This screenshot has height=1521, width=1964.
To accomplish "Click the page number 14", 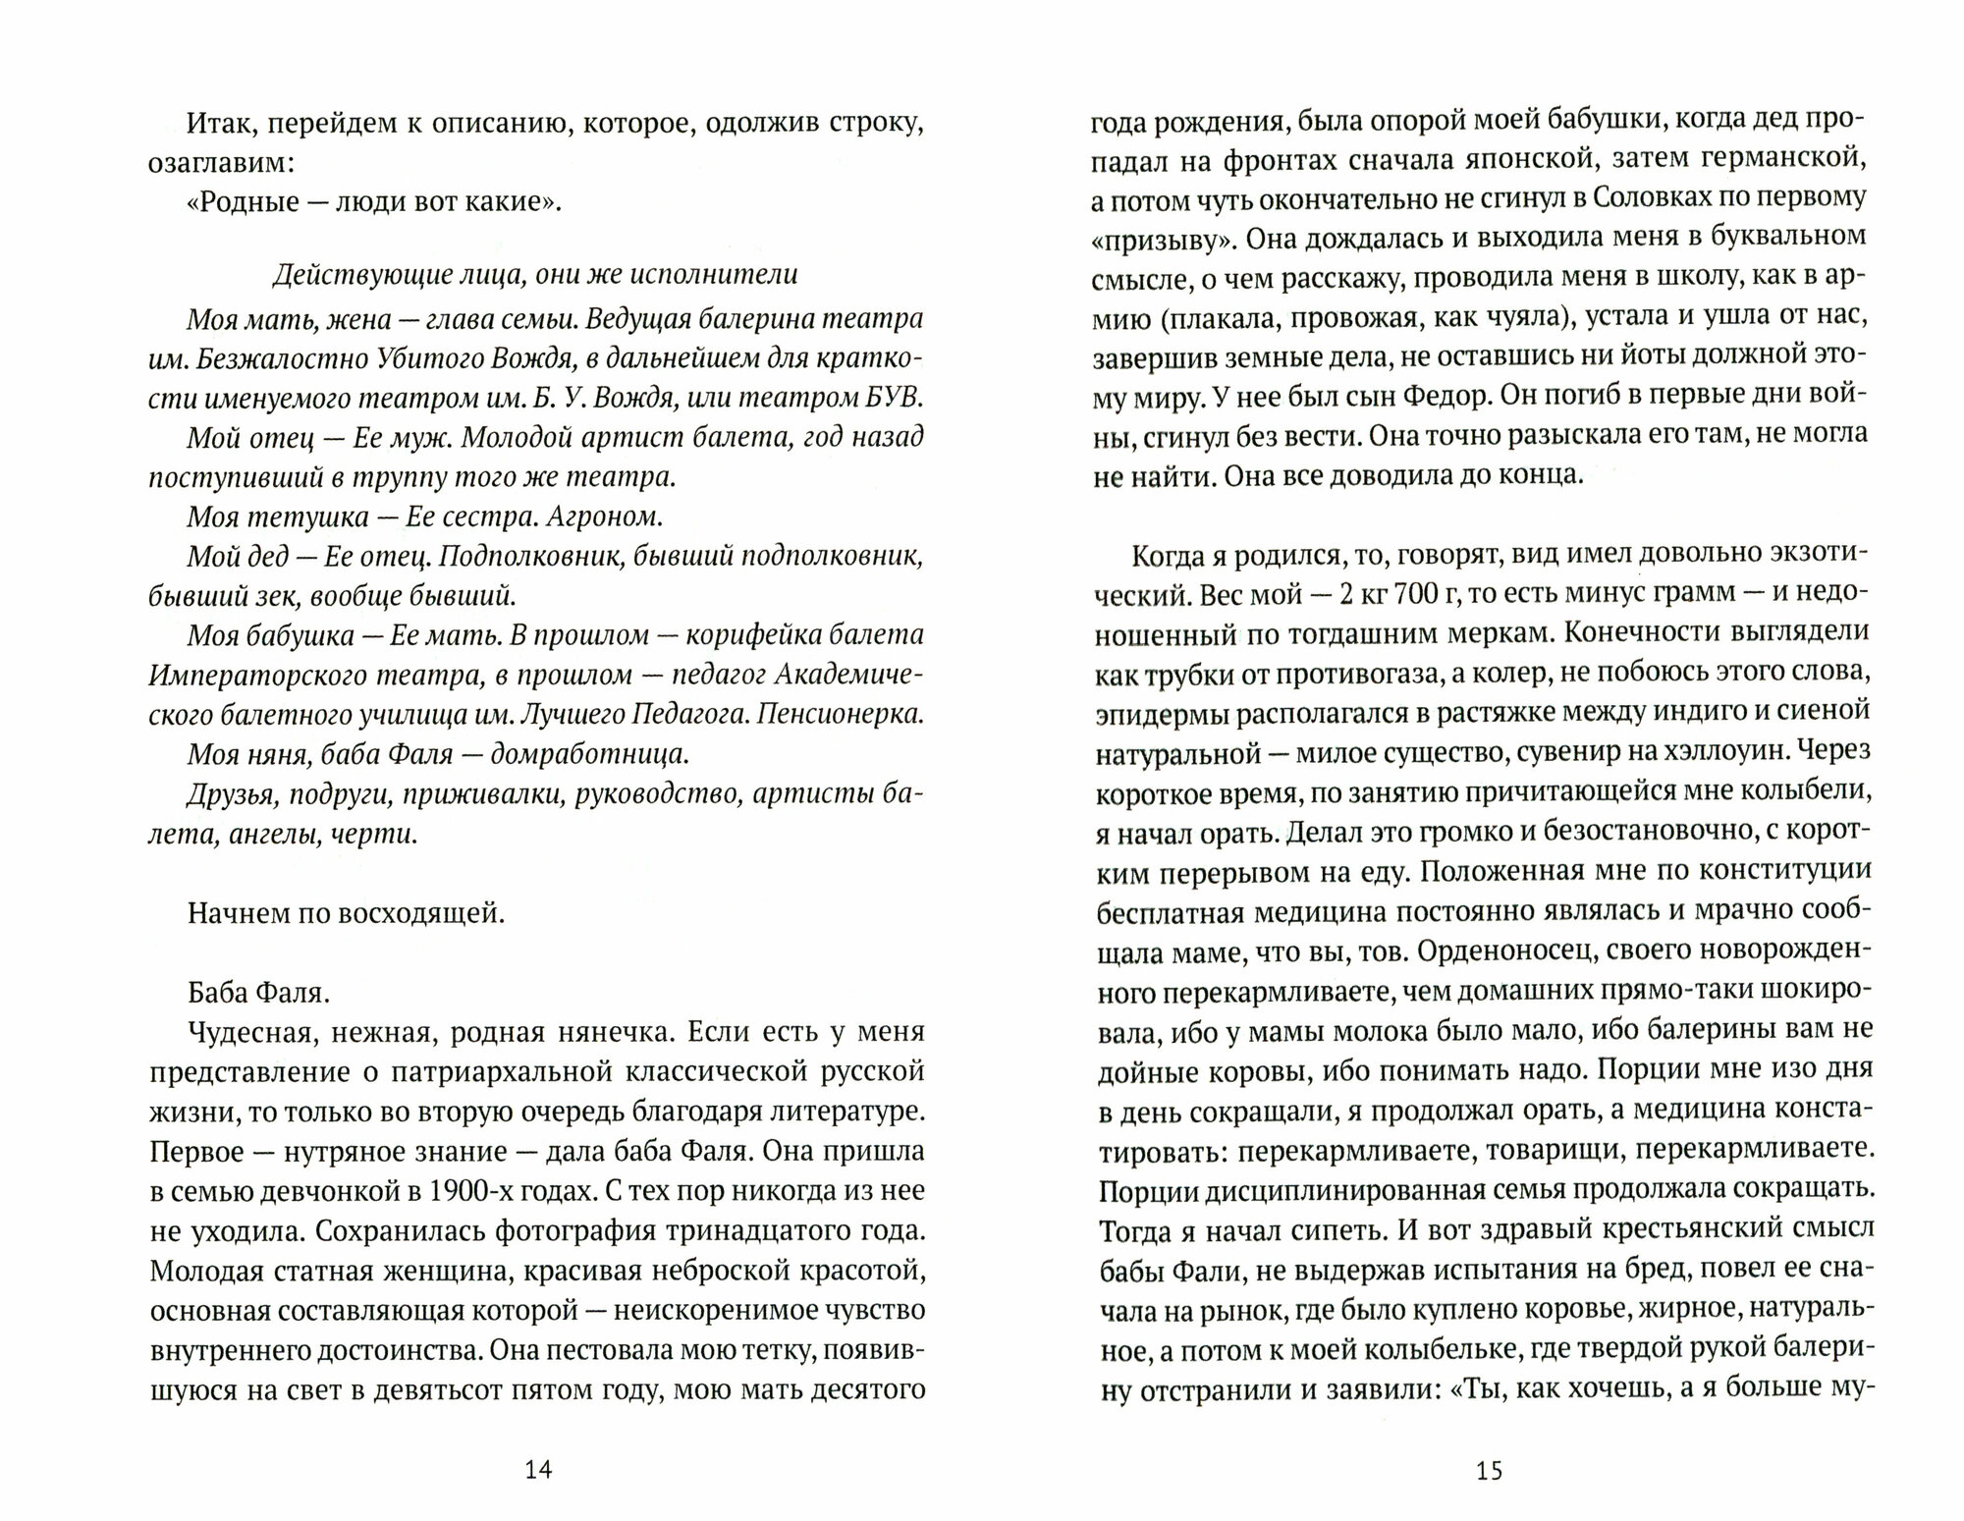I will pos(539,1469).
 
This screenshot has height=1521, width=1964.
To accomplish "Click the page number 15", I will pos(1489,1469).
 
